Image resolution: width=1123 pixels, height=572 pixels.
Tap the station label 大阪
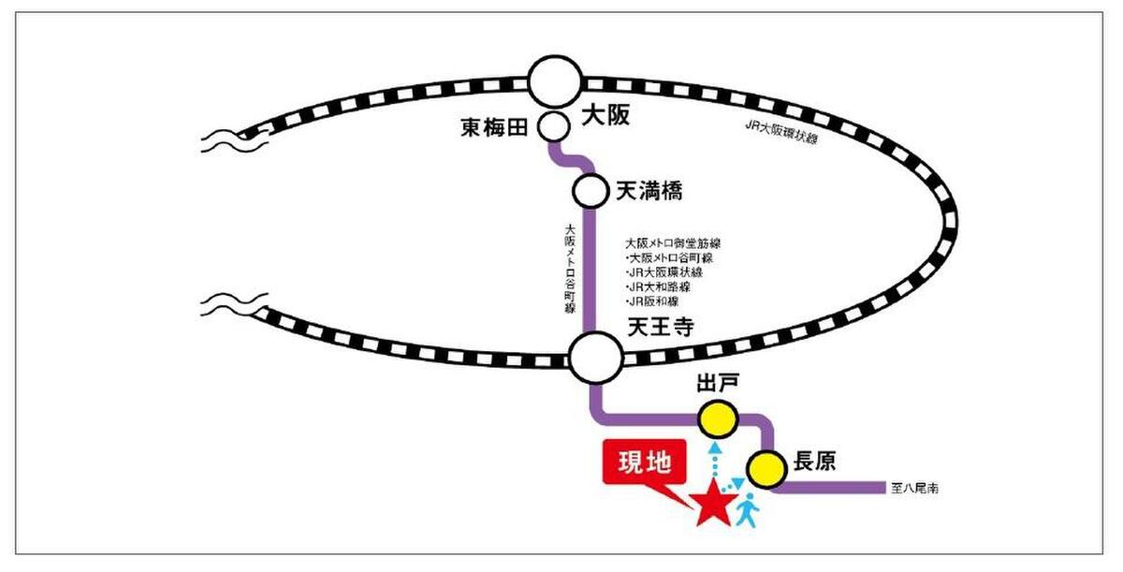point(605,115)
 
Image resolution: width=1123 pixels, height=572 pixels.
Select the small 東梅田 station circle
point(552,125)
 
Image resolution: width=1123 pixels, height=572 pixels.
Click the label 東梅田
point(495,126)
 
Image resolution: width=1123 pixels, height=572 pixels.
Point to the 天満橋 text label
point(649,191)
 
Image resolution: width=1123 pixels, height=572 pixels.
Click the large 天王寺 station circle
point(595,358)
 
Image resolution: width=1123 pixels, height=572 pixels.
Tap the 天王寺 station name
point(649,329)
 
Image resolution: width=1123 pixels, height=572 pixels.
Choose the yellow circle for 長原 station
point(766,468)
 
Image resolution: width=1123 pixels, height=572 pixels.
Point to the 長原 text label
point(813,462)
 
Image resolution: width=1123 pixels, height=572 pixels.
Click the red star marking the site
point(713,505)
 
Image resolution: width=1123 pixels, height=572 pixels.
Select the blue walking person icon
point(747,508)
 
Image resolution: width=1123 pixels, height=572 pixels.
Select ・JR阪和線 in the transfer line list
point(653,301)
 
